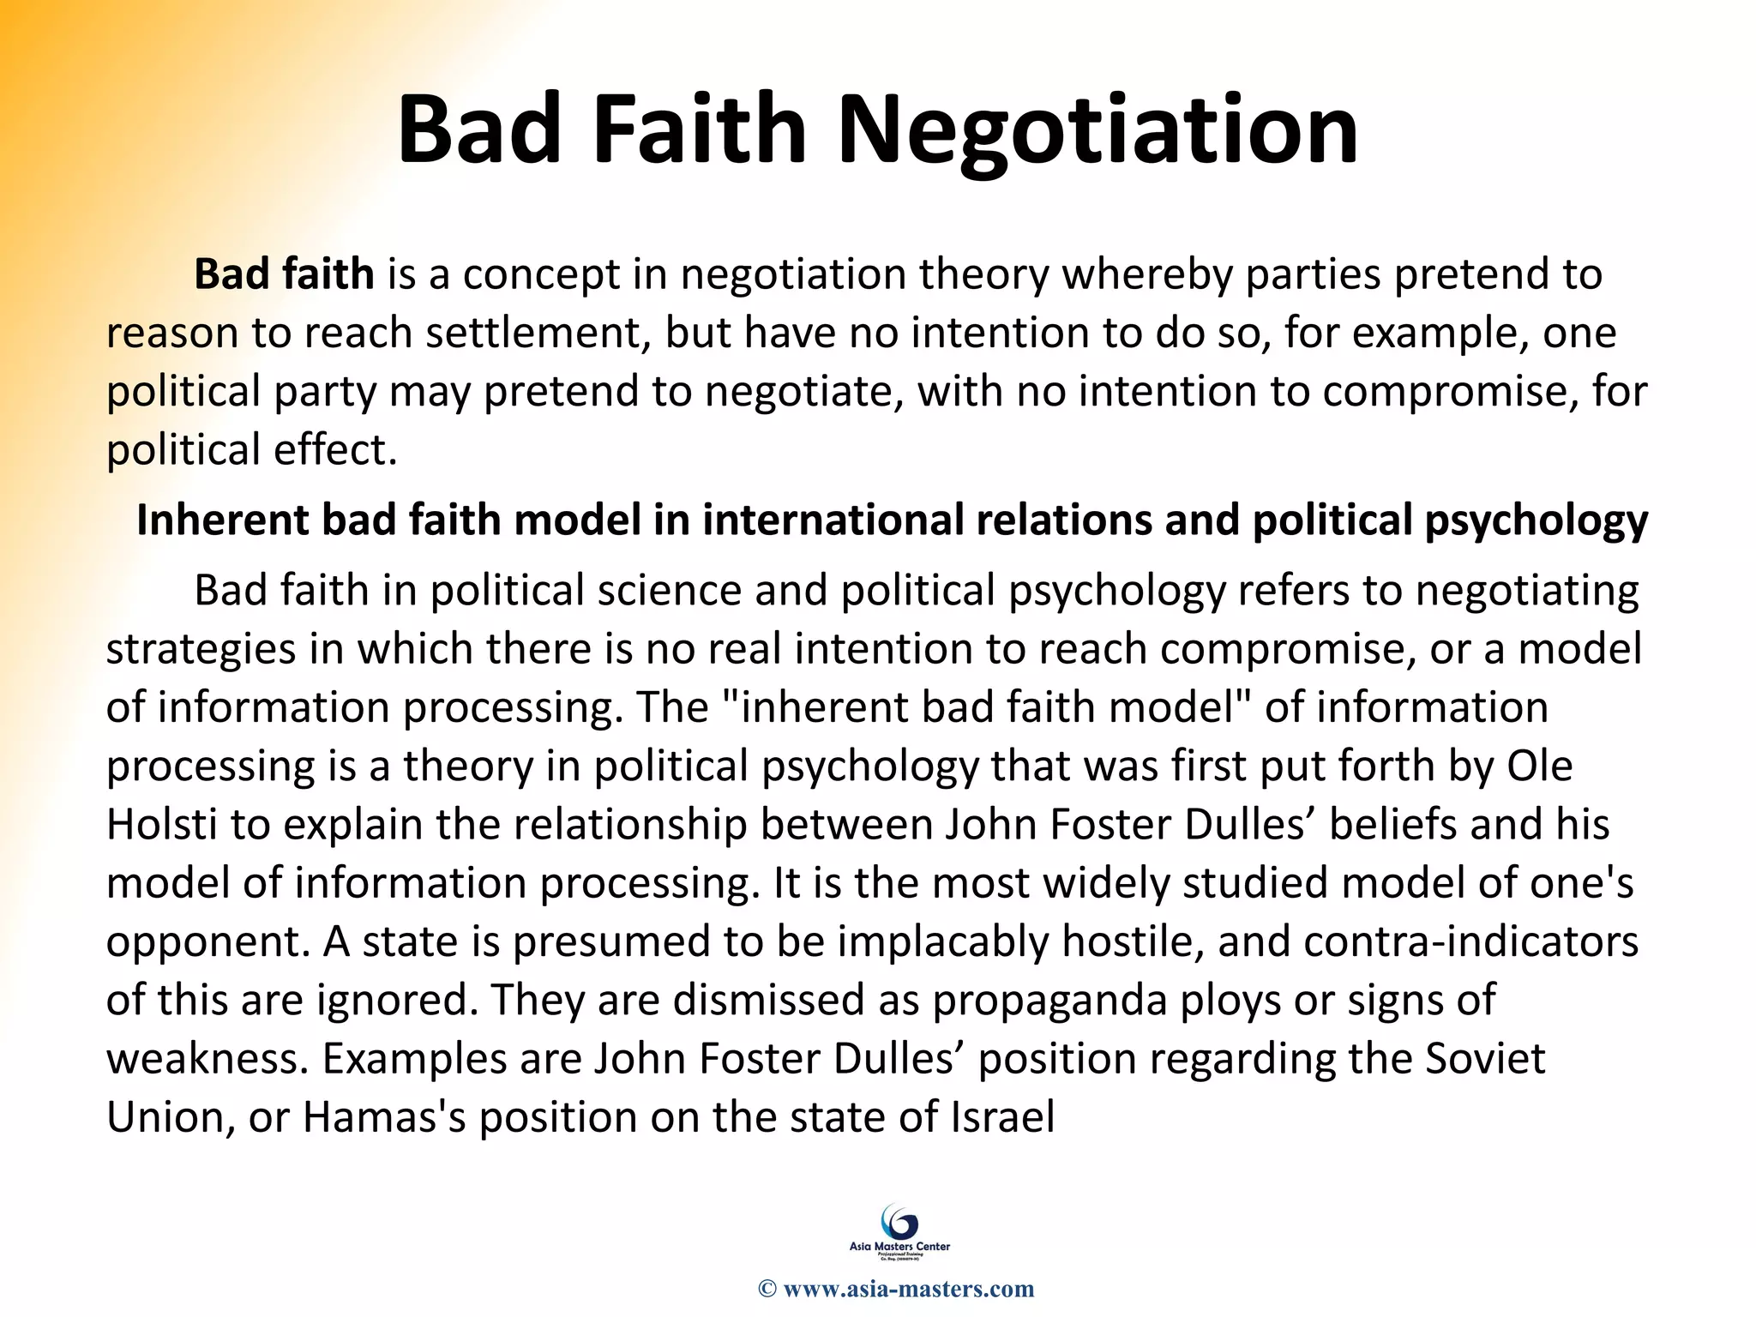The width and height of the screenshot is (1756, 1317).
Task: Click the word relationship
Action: point(591,825)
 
